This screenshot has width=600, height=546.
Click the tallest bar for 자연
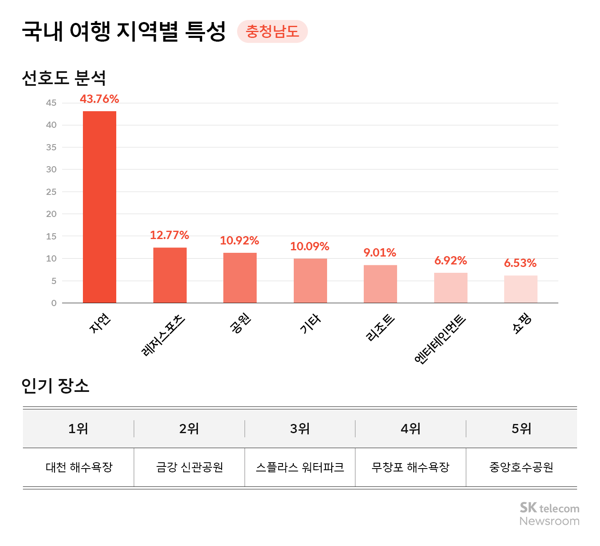(100, 207)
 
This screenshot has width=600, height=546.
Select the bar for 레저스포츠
(170, 275)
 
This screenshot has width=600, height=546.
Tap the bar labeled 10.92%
(240, 278)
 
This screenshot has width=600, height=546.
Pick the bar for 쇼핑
(521, 289)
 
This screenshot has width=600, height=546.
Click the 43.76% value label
(100, 99)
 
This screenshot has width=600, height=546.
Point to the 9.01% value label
(380, 253)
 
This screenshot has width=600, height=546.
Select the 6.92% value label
(450, 261)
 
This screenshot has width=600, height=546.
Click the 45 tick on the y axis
(51, 103)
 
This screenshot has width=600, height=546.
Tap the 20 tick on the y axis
(51, 214)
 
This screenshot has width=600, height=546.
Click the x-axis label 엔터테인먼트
(440, 340)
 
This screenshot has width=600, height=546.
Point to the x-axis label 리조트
(380, 328)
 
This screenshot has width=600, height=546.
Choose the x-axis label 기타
(310, 324)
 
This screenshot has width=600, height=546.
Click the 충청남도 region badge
(272, 32)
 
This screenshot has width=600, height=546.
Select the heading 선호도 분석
(64, 78)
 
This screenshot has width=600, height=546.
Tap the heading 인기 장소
(55, 386)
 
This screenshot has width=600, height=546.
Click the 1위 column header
(78, 429)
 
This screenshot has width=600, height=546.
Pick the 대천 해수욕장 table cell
(79, 467)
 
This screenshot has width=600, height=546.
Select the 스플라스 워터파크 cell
(300, 467)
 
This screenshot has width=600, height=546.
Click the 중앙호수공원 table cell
(521, 467)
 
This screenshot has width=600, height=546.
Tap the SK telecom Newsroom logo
(549, 514)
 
